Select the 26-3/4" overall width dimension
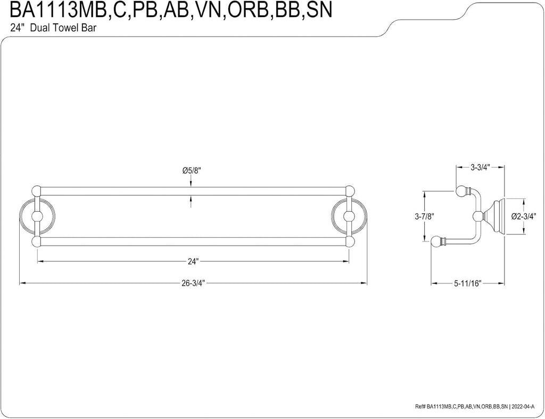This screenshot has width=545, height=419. (193, 283)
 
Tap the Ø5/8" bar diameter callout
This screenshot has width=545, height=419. (192, 171)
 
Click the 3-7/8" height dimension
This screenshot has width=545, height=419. (425, 216)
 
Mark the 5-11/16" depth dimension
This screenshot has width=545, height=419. (467, 283)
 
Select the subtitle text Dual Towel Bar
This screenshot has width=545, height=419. (63, 28)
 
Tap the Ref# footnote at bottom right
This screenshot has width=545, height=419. (477, 406)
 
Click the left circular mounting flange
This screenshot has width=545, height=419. (36, 216)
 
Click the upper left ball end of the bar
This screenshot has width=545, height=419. (36, 191)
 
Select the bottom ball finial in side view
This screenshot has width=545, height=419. (436, 241)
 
